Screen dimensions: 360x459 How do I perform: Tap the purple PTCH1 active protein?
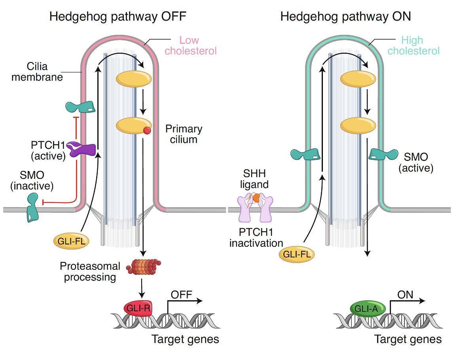[x=82, y=149]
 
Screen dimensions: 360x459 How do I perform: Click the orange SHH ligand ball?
[x=256, y=198]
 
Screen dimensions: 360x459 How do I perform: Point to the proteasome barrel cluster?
[x=144, y=267]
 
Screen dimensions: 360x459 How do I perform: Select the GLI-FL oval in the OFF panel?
[x=70, y=241]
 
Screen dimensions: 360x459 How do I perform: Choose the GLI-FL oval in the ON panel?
[x=297, y=254]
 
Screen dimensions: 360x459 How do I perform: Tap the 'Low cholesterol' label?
[x=190, y=45]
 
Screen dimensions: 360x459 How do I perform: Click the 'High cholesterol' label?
[x=413, y=45]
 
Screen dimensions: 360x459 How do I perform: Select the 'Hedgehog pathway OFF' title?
[x=118, y=17]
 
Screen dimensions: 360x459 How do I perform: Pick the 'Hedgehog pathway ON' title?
[x=345, y=17]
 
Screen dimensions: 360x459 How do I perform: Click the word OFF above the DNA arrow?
[x=181, y=294]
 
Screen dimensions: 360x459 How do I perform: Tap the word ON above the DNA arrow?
[x=405, y=294]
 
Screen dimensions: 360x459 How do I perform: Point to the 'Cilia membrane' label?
[x=37, y=72]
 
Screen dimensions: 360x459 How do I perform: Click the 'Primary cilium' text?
[x=184, y=134]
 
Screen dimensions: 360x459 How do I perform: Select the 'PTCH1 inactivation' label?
[x=256, y=237]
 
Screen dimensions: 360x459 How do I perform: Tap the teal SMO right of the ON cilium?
[x=383, y=155]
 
